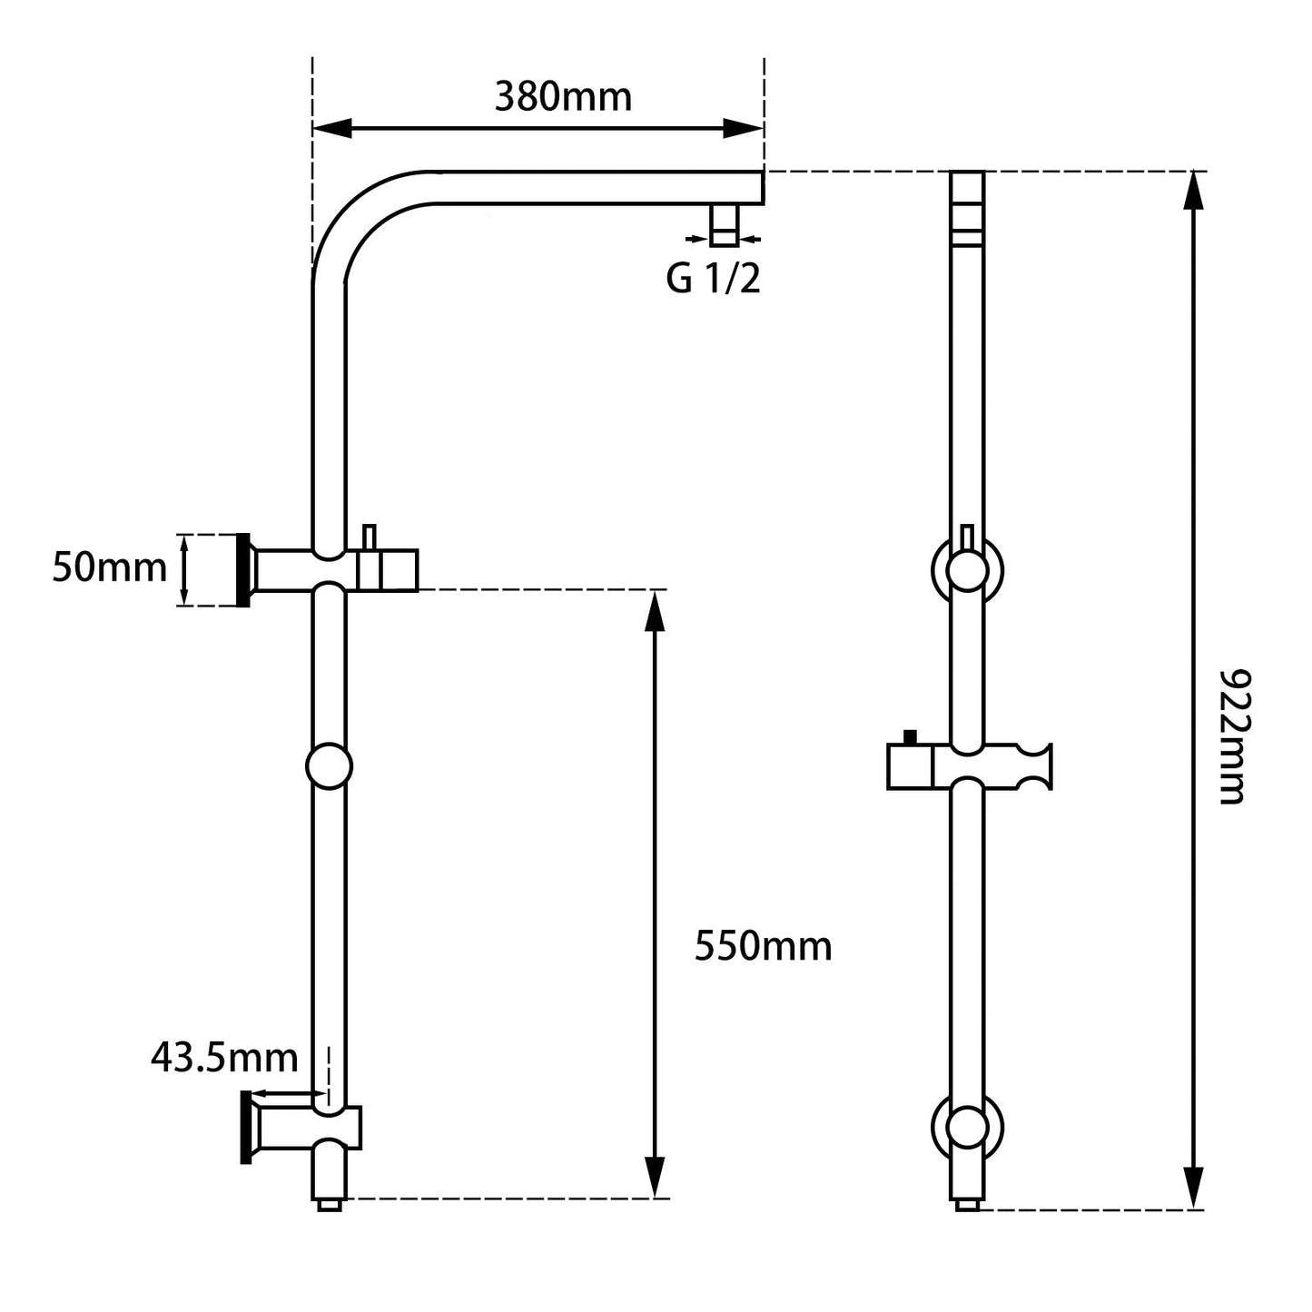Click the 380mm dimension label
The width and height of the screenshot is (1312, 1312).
coord(563,96)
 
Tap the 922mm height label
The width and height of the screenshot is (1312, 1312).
coord(1234,736)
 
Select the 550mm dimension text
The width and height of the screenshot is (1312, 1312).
coord(763,946)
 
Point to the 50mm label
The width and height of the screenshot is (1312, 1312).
coord(109,568)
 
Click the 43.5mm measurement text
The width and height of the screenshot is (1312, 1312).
coord(224,1058)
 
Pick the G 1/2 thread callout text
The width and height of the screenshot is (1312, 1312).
coord(713,280)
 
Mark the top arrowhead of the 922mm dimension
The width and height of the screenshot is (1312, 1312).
coord(1195,191)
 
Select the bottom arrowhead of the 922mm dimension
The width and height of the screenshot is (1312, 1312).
coord(1195,1189)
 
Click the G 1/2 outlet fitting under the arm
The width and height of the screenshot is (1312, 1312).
coord(725,224)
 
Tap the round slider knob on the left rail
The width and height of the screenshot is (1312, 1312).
coord(329,766)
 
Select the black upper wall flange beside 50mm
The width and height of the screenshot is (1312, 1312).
coord(243,570)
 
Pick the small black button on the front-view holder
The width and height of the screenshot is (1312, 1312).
coord(910,737)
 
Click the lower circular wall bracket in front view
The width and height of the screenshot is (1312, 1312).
coord(967,1128)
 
